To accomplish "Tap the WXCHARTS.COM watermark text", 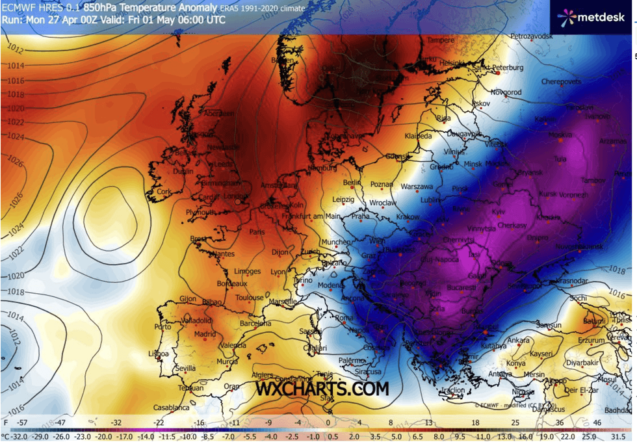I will point(322,389).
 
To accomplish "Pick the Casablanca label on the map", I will point(172,408).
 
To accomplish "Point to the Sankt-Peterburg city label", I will point(498,68).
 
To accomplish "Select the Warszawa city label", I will point(417,187).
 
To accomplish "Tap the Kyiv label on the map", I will point(498,212).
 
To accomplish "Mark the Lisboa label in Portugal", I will point(159,354).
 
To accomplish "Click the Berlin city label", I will point(351,183).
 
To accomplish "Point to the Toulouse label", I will point(250,298).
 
